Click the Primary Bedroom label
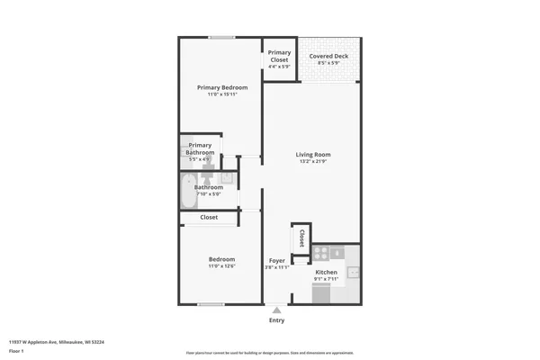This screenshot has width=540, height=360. [x=221, y=87]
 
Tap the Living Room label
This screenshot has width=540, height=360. [x=314, y=155]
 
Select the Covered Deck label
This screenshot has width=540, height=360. [x=328, y=57]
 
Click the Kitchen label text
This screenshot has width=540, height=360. [x=326, y=272]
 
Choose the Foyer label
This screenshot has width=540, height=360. [x=277, y=260]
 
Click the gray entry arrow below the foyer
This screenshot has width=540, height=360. [x=276, y=309]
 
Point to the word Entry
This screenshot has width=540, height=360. [x=276, y=320]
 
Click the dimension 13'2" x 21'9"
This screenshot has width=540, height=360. [x=314, y=162]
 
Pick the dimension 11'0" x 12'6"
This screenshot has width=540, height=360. [x=221, y=266]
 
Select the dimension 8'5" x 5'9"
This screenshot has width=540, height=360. [x=328, y=63]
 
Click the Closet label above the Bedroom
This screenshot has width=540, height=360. [x=209, y=217]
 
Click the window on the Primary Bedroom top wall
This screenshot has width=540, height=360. [x=221, y=37]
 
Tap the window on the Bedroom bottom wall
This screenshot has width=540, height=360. [x=211, y=304]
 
